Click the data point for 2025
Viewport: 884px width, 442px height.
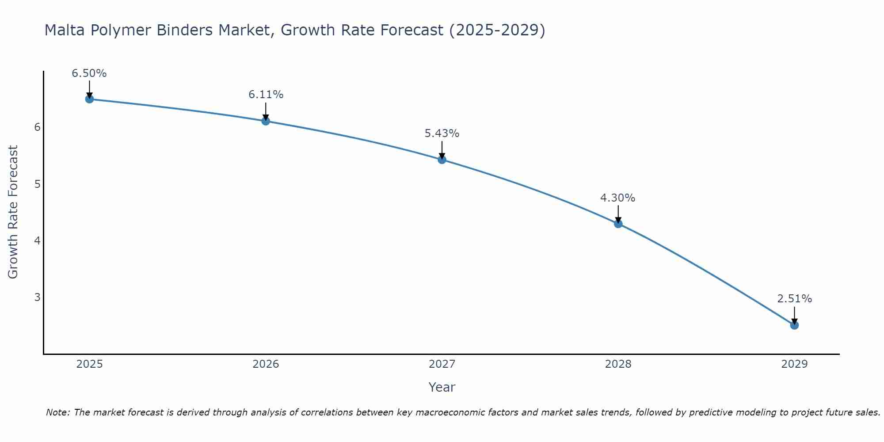click(89, 99)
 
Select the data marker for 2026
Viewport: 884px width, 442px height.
click(266, 121)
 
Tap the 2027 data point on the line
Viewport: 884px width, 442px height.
click(442, 160)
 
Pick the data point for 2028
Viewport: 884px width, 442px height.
click(618, 224)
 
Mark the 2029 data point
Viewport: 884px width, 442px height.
click(794, 325)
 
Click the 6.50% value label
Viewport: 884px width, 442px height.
click(89, 73)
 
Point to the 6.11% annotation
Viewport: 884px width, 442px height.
click(266, 95)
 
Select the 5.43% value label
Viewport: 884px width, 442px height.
click(442, 133)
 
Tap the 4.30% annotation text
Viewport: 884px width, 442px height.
click(618, 198)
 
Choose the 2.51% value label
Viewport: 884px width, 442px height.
click(794, 299)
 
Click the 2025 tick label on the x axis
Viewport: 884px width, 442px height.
click(89, 364)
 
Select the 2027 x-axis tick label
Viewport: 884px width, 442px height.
click(442, 364)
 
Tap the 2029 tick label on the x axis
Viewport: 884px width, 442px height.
click(794, 364)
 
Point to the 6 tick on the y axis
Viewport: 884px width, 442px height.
click(37, 127)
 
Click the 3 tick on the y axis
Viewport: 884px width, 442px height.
click(37, 297)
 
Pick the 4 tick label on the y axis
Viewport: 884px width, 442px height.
click(37, 240)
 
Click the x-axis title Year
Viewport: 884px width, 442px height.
click(442, 387)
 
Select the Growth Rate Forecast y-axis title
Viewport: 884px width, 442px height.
click(13, 212)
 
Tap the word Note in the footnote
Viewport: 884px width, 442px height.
click(57, 412)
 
